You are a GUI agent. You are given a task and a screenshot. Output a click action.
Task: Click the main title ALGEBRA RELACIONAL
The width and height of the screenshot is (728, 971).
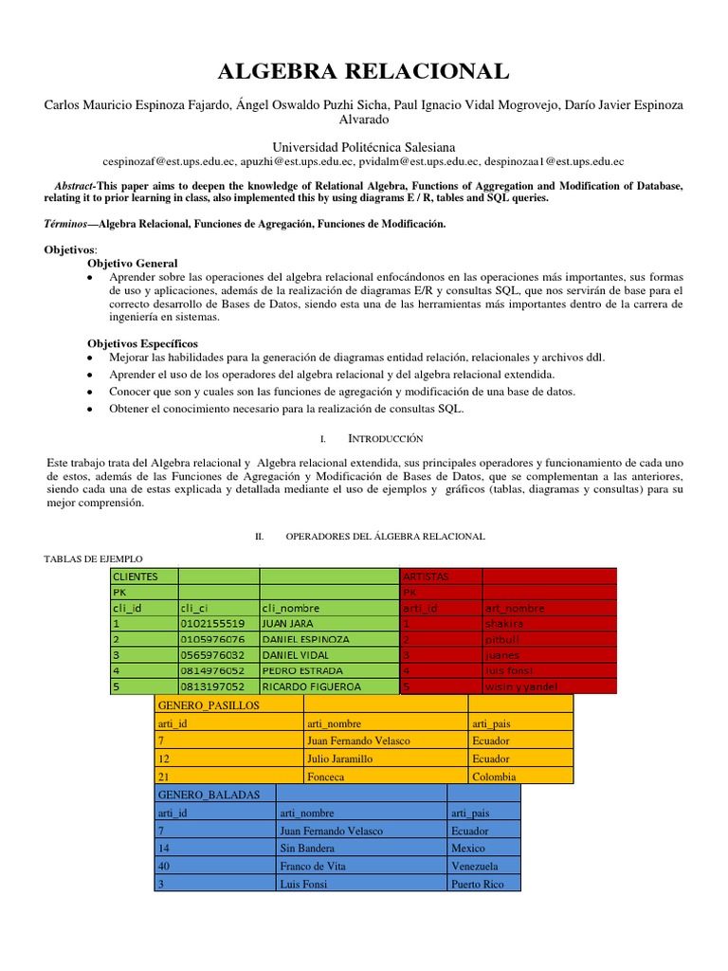(x=364, y=71)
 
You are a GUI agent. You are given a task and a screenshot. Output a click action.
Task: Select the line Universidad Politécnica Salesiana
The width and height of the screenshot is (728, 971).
(x=364, y=147)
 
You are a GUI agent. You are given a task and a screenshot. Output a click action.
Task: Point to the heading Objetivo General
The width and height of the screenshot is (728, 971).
(x=132, y=263)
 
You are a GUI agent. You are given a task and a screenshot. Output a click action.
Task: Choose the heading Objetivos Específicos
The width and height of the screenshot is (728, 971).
(x=142, y=342)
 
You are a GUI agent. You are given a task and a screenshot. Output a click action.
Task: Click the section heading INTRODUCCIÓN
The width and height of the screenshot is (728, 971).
(x=385, y=439)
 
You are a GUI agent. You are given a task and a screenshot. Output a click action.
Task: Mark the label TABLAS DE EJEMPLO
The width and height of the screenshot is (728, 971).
(x=93, y=559)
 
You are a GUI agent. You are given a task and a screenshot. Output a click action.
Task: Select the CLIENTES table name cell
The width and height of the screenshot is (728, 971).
(x=143, y=576)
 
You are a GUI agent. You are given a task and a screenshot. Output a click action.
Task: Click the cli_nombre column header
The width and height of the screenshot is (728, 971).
(x=327, y=608)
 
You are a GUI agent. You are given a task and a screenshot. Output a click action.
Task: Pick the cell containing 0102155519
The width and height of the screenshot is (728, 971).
(x=217, y=624)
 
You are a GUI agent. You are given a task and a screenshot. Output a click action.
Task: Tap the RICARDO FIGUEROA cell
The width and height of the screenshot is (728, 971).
(x=327, y=686)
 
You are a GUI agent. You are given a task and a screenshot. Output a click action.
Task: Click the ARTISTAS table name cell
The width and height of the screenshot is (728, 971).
(x=441, y=576)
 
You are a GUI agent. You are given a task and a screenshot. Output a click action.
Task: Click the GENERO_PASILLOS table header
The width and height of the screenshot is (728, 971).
(x=227, y=705)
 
